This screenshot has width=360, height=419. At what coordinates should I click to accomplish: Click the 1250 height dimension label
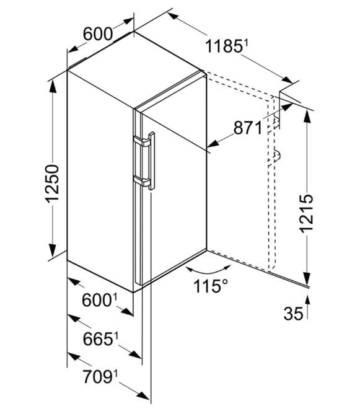(52, 183)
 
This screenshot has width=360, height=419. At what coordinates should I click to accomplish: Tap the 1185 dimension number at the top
(223, 46)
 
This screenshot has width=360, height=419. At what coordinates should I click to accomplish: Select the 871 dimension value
(248, 128)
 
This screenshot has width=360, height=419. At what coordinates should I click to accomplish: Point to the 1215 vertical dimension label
(306, 213)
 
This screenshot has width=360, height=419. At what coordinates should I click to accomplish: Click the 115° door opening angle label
(211, 286)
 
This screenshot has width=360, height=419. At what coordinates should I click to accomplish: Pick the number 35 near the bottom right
(293, 314)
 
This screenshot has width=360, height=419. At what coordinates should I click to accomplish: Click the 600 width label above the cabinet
(97, 34)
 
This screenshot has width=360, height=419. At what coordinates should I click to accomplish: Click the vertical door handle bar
(152, 161)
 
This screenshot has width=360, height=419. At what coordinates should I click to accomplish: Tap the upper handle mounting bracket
(142, 141)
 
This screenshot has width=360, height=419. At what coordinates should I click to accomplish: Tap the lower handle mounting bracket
(142, 181)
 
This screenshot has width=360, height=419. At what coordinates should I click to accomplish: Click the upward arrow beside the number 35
(307, 307)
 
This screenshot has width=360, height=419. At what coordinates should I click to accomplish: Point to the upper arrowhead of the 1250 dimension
(53, 86)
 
